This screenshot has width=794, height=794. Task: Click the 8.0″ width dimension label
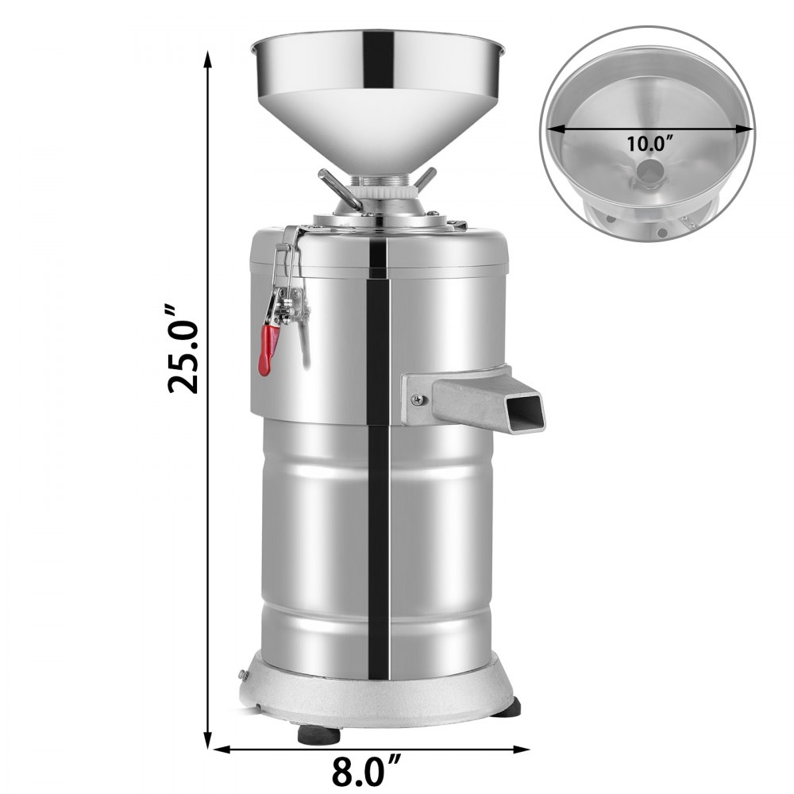366,770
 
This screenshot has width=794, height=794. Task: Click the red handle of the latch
268,349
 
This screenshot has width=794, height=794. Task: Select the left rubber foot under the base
318,734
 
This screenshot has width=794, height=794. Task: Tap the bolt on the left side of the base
243,675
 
